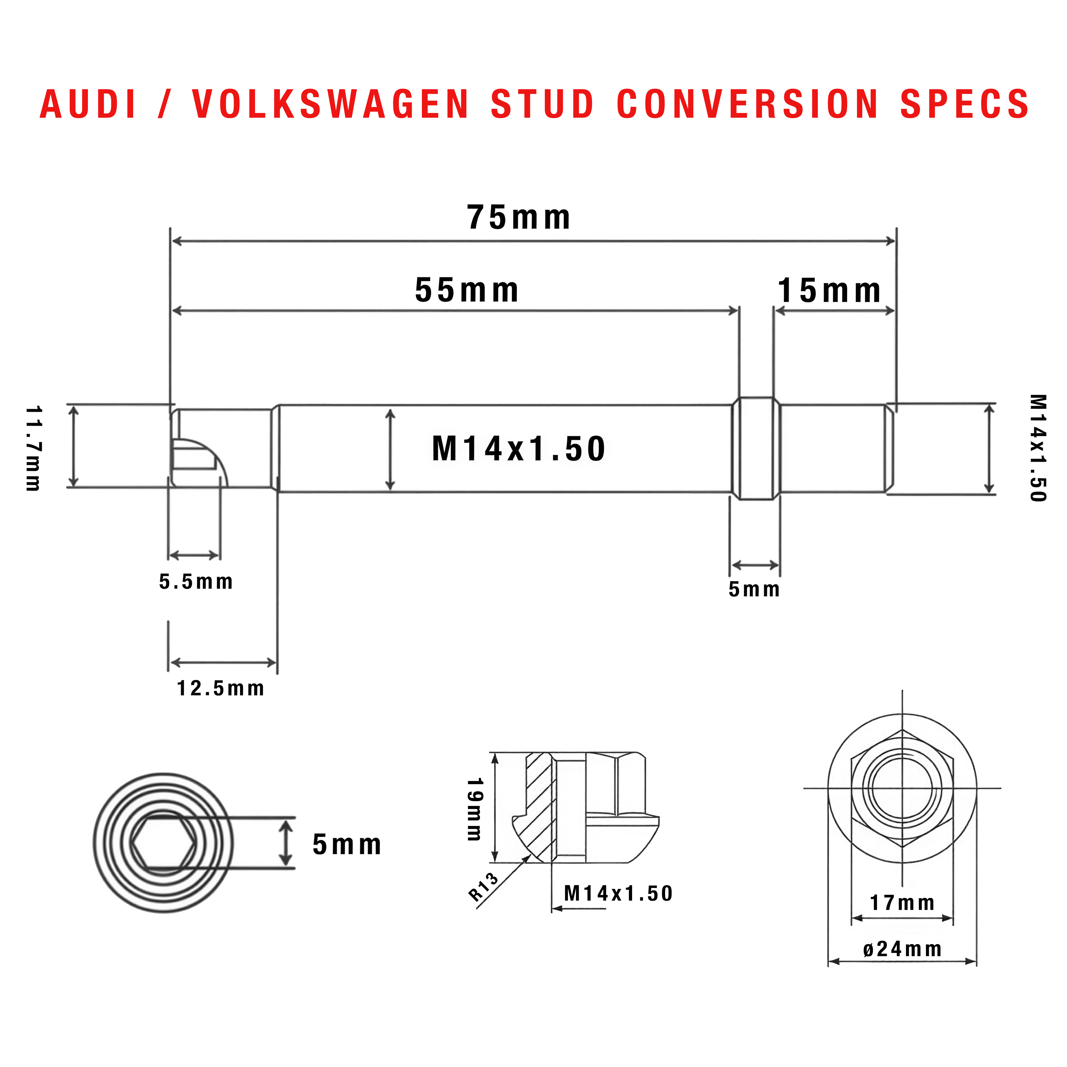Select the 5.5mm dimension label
(x=196, y=582)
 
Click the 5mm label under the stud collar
(x=754, y=589)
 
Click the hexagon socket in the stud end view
(x=163, y=842)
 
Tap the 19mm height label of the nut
(x=475, y=809)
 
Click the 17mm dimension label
(x=902, y=902)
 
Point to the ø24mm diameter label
(x=902, y=949)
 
